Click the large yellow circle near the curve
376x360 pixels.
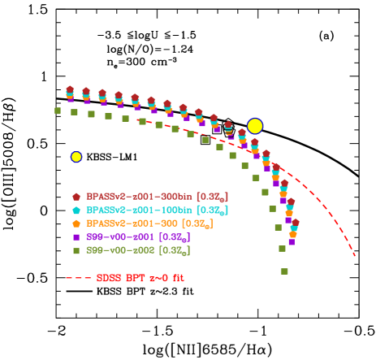(255, 126)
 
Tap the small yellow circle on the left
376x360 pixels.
(76, 157)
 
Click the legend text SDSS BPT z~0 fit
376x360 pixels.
(140, 278)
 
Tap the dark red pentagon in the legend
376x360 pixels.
(76, 197)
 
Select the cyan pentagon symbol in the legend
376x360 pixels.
(76, 210)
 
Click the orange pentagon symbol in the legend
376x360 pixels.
(76, 223)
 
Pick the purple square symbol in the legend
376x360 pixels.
(76, 236)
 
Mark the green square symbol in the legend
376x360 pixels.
(76, 250)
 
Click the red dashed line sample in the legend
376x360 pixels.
(79, 278)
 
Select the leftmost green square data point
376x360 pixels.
(58, 111)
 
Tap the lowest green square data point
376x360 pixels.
(284, 271)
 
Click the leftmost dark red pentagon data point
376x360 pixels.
(70, 89)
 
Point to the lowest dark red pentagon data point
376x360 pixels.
(296, 222)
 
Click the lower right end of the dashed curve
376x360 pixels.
(355, 256)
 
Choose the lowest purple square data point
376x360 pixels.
(292, 241)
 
